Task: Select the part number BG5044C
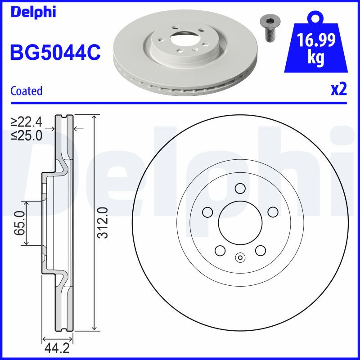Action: [x=55, y=53]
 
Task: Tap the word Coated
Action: [x=26, y=91]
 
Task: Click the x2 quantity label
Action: [x=338, y=90]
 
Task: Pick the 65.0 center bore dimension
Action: [x=18, y=224]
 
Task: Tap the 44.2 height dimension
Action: [x=57, y=347]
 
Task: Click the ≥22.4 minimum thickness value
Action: [x=27, y=121]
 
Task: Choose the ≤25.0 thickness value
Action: [x=27, y=135]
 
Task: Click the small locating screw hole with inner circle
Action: [x=240, y=258]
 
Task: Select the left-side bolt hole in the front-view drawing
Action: [x=207, y=211]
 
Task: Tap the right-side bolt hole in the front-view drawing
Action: [x=273, y=211]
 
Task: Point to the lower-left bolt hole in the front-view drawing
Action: [x=220, y=250]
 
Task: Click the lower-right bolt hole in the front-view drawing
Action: [x=260, y=250]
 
